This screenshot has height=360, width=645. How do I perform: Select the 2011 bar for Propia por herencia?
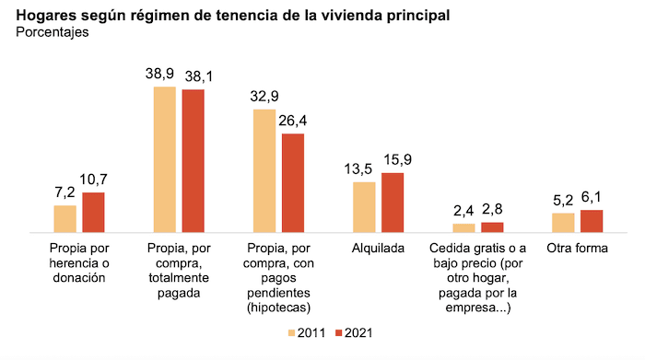(65, 219)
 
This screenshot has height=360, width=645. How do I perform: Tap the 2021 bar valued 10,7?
(94, 213)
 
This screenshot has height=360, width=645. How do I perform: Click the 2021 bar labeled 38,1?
(193, 160)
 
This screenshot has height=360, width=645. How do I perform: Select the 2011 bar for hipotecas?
(264, 170)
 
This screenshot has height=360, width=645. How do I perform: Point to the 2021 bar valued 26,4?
(292, 183)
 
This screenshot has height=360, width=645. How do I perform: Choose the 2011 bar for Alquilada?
(364, 207)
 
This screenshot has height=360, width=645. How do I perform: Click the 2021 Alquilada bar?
(393, 203)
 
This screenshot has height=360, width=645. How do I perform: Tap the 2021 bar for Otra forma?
(592, 222)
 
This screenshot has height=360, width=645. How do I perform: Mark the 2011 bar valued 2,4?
(463, 227)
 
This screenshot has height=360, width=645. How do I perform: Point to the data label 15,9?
(393, 160)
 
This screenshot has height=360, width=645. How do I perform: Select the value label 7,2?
(65, 192)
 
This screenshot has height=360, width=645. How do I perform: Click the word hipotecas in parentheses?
(278, 307)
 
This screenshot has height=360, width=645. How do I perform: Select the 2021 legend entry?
(354, 333)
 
